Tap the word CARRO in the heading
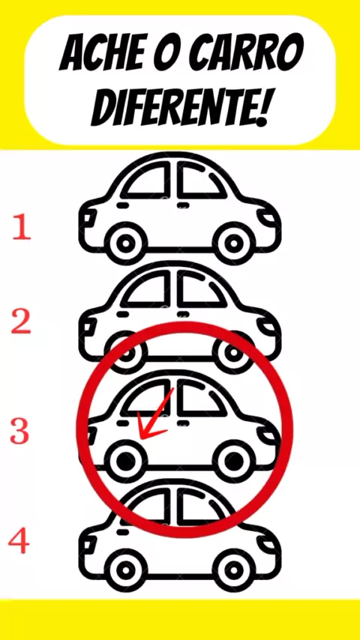tap(254, 52)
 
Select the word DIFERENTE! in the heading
tap(179, 106)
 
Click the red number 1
tap(21, 228)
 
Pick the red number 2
tap(21, 321)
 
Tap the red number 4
tap(19, 542)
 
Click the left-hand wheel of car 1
tap(125, 244)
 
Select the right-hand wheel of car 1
tap(234, 244)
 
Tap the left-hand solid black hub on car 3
tap(125, 461)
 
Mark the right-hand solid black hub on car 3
tap(234, 461)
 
